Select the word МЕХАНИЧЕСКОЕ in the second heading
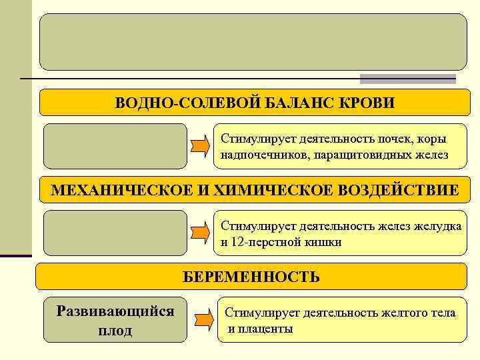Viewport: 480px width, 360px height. pos(121,191)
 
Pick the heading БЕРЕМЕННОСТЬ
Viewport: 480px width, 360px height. pos(251,276)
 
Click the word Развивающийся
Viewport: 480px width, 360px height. pos(115,311)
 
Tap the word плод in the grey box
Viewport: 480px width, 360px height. pos(115,331)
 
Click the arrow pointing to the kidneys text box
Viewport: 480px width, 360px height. pos(200,145)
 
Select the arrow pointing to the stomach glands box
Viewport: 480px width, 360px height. pos(200,232)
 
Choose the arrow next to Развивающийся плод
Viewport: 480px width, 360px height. pos(203,317)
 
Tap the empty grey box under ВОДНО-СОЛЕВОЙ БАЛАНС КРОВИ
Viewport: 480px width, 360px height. pos(115,145)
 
